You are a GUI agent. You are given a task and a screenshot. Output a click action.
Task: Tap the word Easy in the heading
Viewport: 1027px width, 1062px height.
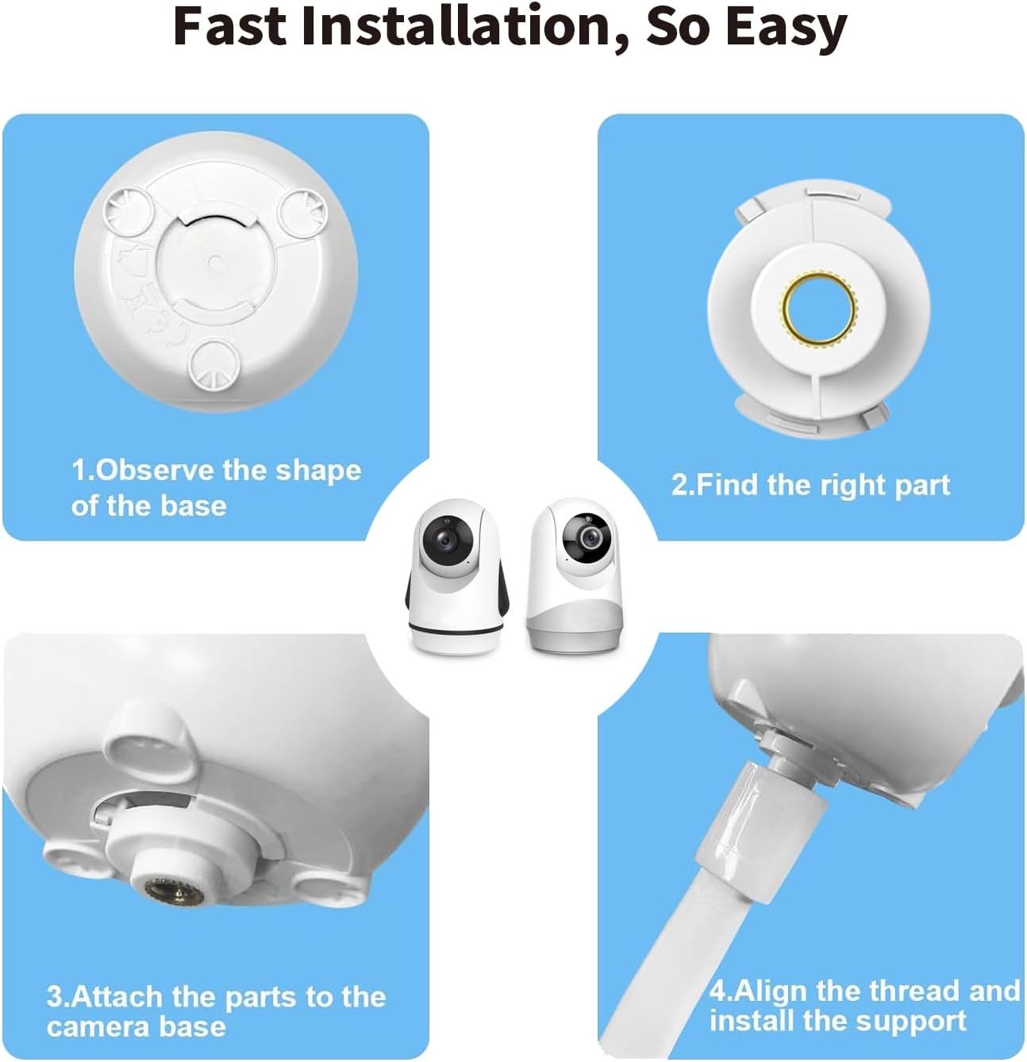786,27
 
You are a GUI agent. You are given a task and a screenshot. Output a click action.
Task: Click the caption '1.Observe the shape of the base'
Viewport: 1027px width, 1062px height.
215,487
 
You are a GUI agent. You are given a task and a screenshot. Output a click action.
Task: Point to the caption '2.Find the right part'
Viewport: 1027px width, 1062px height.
810,484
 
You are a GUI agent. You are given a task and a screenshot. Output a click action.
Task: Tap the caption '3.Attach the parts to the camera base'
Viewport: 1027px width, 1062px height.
215,1011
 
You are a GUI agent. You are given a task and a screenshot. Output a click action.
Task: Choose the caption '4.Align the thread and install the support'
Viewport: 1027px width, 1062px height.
864,1005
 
